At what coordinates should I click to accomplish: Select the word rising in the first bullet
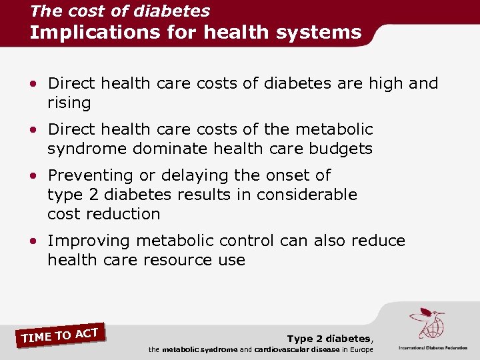pos(69,103)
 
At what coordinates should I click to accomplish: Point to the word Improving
pos(90,241)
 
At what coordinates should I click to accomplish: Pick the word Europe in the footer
pos(360,350)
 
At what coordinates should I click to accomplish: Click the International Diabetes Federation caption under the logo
pos(433,348)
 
